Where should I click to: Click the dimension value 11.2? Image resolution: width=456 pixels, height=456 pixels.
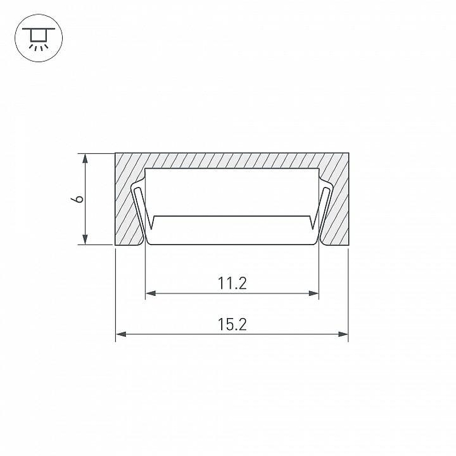coord(232,283)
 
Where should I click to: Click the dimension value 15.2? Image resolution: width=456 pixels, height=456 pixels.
coord(232,324)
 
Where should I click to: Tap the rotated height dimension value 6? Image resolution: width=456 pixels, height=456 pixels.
coord(78,199)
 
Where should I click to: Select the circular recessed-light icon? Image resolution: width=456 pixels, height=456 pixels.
coord(39,38)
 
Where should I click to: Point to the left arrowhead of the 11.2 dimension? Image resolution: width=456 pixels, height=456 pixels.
coord(150,293)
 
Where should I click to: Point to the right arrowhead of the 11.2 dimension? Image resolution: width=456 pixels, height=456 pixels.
coord(313,293)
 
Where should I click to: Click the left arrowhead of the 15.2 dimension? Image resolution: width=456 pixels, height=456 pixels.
coord(121,334)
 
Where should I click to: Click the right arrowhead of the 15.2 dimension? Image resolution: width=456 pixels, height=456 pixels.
coord(343,334)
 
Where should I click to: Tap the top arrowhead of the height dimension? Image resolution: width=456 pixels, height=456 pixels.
coord(85,159)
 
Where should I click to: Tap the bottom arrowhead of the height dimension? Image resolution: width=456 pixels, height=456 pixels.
coord(85,239)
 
